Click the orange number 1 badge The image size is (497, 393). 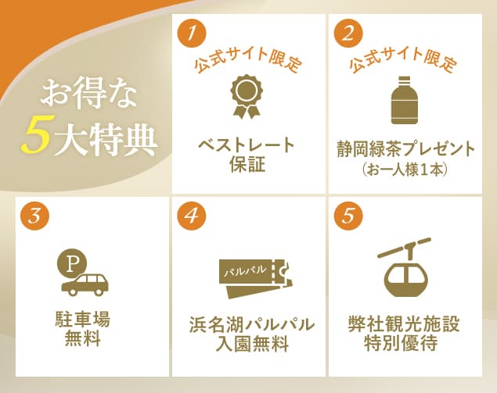click(192, 34)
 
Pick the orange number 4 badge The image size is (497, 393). click(192, 216)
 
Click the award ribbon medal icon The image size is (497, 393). click(246, 95)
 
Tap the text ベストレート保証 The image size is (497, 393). click(247, 154)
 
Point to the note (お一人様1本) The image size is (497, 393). click(405, 168)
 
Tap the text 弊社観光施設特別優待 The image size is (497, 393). click(404, 333)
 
